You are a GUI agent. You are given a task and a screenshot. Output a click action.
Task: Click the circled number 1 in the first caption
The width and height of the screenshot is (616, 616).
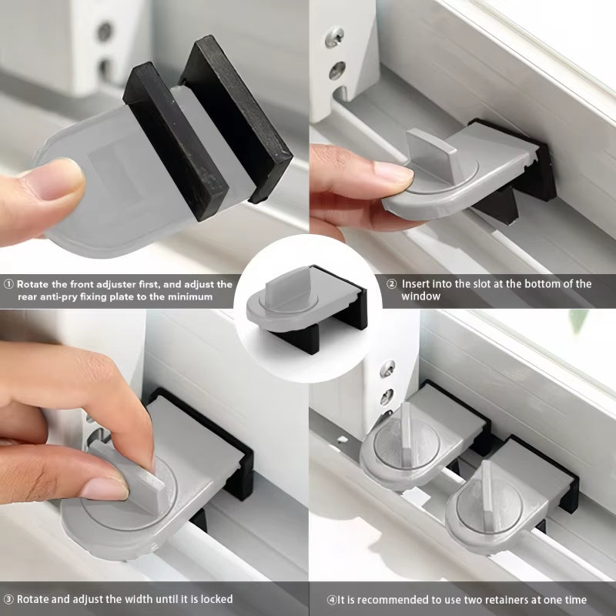pyautogui.click(x=8, y=284)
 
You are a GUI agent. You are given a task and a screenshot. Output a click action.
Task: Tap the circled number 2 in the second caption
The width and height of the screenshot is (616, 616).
pyautogui.click(x=392, y=284)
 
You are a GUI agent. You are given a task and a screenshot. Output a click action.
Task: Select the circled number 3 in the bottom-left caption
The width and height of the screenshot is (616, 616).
pyautogui.click(x=8, y=599)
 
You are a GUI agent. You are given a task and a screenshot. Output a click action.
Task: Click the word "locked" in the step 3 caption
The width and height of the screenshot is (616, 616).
pyautogui.click(x=215, y=599)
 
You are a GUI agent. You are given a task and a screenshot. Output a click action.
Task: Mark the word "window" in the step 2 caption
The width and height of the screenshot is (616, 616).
pyautogui.click(x=420, y=296)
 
